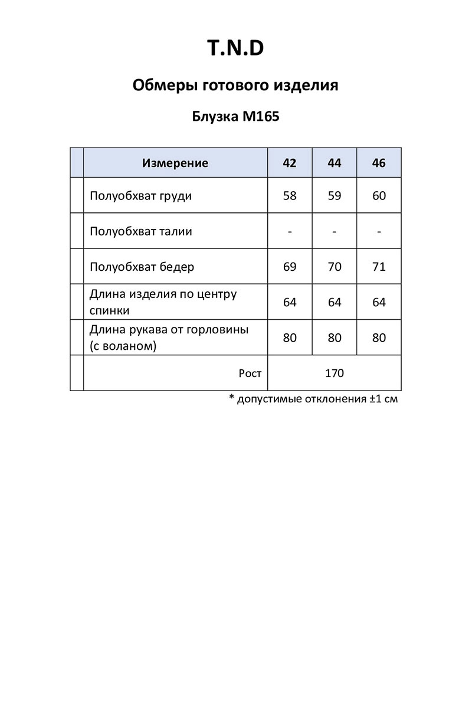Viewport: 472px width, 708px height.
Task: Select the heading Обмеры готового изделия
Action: (x=235, y=86)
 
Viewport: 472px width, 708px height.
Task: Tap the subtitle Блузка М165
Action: (x=235, y=116)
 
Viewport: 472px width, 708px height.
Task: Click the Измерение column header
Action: (x=175, y=163)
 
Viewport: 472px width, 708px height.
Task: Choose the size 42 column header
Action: (x=290, y=163)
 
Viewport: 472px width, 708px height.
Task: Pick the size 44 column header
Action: (x=335, y=163)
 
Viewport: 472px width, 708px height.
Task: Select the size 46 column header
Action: (x=379, y=163)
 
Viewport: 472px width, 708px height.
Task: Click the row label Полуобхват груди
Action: (x=140, y=196)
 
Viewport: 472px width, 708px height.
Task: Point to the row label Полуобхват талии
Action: (x=140, y=231)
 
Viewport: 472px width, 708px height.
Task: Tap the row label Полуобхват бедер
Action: (x=142, y=267)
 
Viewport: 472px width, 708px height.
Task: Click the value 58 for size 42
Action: (x=290, y=196)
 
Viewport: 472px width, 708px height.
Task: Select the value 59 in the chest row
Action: (x=335, y=196)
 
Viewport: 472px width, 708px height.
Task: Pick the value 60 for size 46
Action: (x=379, y=196)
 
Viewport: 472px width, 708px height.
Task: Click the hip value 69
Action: (x=290, y=267)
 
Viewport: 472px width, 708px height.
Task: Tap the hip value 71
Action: (x=379, y=267)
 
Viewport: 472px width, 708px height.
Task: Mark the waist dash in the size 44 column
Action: (x=335, y=231)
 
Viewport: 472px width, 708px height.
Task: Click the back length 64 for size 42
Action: (x=290, y=302)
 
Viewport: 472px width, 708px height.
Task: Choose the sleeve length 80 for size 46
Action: (x=379, y=337)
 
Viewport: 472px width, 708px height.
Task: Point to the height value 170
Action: (x=335, y=373)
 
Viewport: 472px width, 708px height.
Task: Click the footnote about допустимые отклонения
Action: (x=313, y=399)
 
